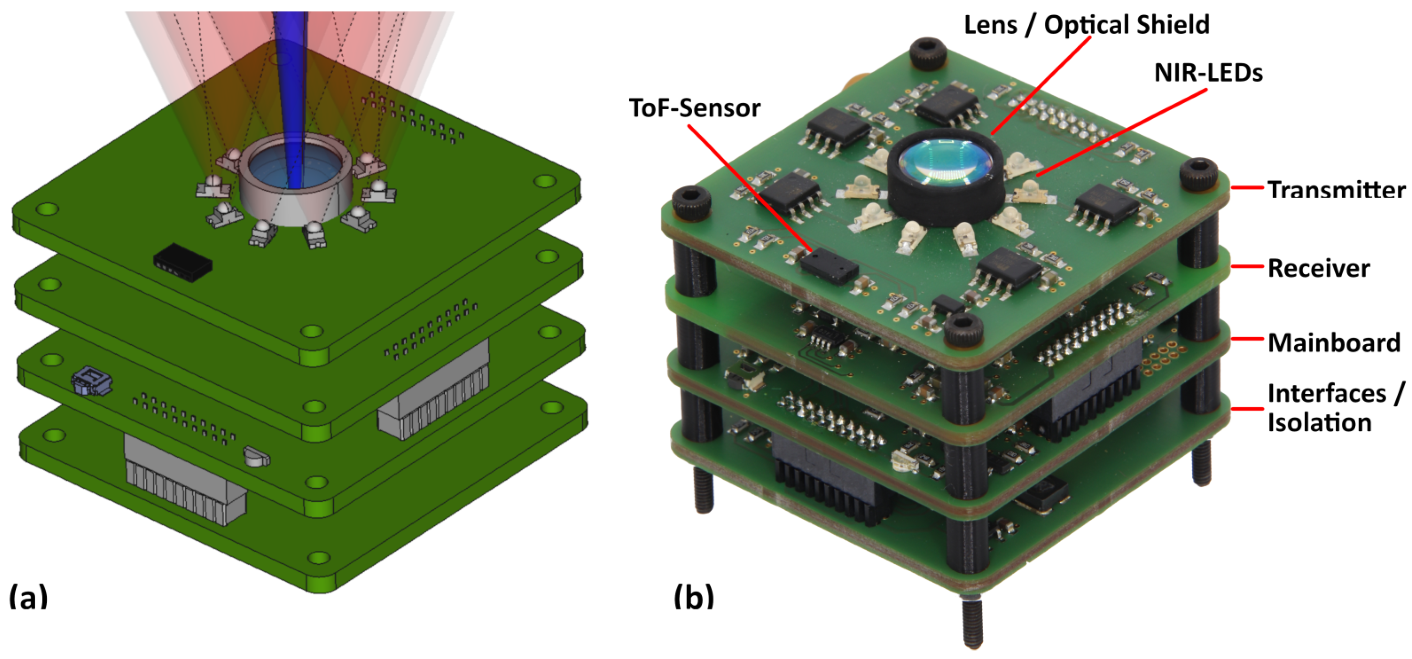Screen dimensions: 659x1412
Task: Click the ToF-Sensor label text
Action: click(694, 109)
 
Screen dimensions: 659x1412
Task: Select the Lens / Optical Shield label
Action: click(1086, 25)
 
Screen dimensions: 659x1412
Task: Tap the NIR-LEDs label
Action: click(1208, 73)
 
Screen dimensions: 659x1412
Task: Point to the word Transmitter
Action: click(1336, 190)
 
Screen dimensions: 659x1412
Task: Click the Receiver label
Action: click(1318, 268)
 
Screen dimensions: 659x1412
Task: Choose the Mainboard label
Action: click(1334, 343)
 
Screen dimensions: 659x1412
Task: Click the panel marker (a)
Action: click(29, 597)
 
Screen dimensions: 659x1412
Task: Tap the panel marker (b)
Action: click(694, 597)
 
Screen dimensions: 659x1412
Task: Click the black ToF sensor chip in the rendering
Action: click(183, 263)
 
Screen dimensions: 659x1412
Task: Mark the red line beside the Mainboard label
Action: click(1247, 340)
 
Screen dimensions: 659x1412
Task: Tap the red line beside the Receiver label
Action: click(1247, 267)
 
